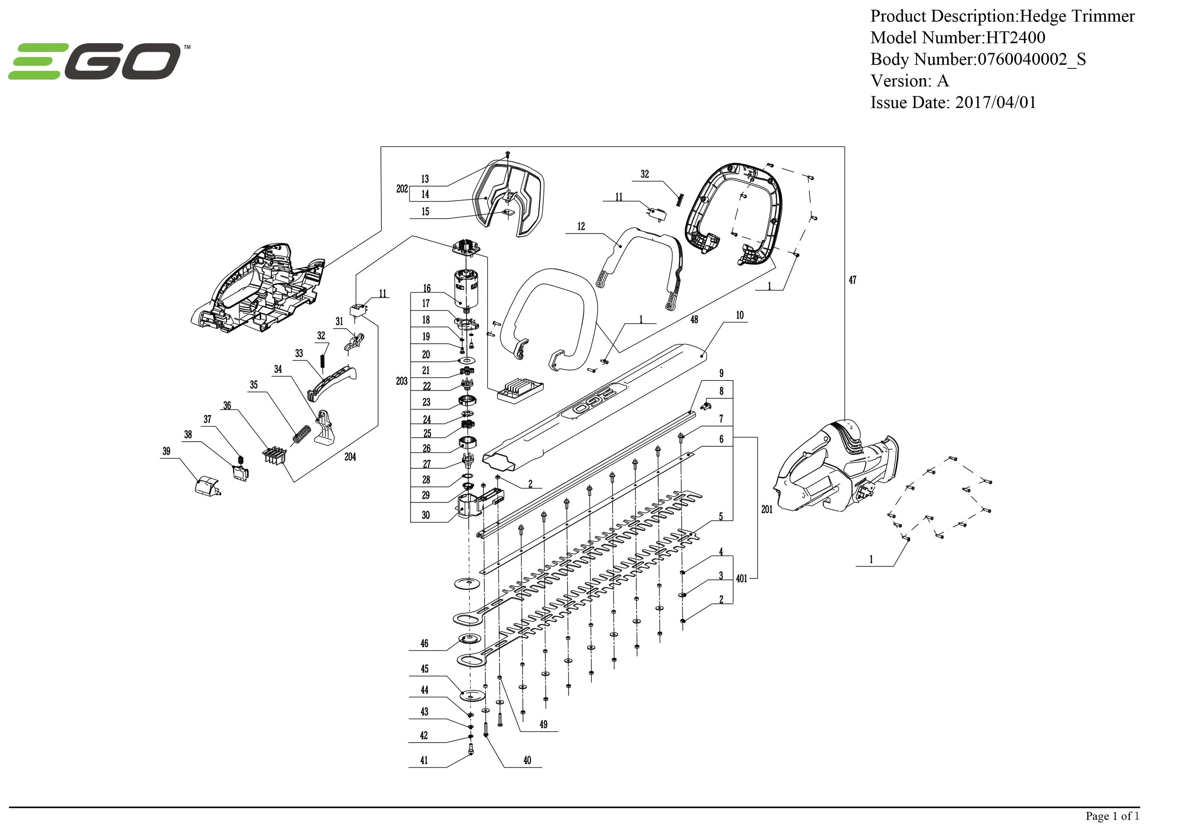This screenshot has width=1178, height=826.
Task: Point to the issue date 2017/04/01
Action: [x=995, y=103]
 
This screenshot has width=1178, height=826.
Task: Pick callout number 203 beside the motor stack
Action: [x=402, y=381]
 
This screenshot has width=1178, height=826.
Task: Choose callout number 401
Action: [x=741, y=578]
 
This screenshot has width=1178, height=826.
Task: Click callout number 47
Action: [x=852, y=280]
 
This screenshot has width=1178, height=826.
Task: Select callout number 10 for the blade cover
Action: [x=739, y=315]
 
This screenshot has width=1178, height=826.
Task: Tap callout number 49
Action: [x=543, y=724]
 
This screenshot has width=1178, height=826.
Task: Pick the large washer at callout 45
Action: [x=472, y=695]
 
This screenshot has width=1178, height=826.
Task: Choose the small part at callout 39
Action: [x=207, y=485]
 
